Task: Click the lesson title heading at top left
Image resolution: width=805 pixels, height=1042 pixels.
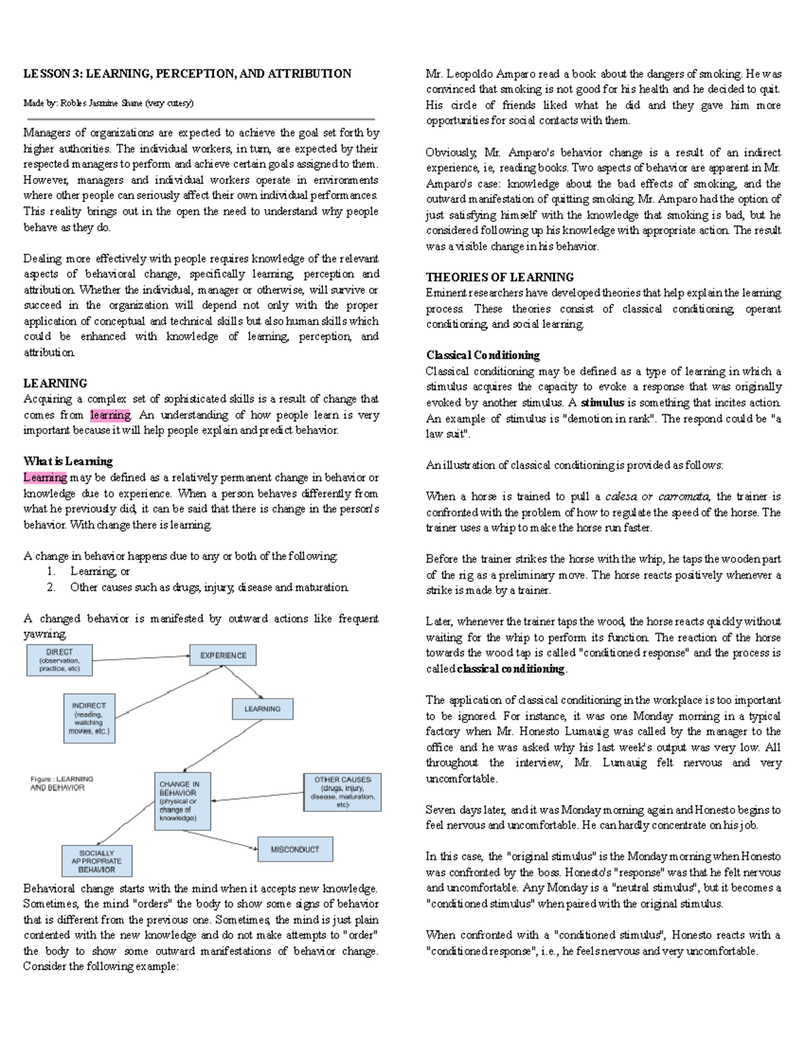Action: (187, 74)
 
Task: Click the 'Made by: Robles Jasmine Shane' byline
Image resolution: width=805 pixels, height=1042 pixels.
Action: (108, 103)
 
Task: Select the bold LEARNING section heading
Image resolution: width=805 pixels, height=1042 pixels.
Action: (55, 383)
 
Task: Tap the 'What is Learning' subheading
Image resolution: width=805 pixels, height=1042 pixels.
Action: (68, 462)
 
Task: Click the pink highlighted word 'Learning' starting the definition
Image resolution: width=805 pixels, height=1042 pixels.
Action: (45, 478)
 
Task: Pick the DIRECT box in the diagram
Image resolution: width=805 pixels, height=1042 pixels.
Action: (59, 660)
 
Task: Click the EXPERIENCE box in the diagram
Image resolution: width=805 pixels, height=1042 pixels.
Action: (223, 656)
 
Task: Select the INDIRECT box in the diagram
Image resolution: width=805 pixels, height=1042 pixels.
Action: (89, 719)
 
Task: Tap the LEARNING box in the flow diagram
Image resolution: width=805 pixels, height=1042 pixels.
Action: (262, 709)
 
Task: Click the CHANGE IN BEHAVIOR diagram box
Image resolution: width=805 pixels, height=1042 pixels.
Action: (182, 801)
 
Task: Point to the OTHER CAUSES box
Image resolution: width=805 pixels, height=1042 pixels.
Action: (342, 792)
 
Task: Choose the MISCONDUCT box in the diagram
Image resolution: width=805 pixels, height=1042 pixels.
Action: (295, 849)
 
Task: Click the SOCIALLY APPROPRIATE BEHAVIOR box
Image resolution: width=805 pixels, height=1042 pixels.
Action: (97, 862)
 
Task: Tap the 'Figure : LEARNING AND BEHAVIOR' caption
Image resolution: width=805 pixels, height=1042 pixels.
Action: (62, 784)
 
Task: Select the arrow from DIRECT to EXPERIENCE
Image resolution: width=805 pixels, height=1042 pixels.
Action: (141, 658)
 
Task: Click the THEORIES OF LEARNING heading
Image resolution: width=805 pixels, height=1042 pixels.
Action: (500, 277)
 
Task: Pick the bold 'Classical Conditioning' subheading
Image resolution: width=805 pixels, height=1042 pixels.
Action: (483, 356)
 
